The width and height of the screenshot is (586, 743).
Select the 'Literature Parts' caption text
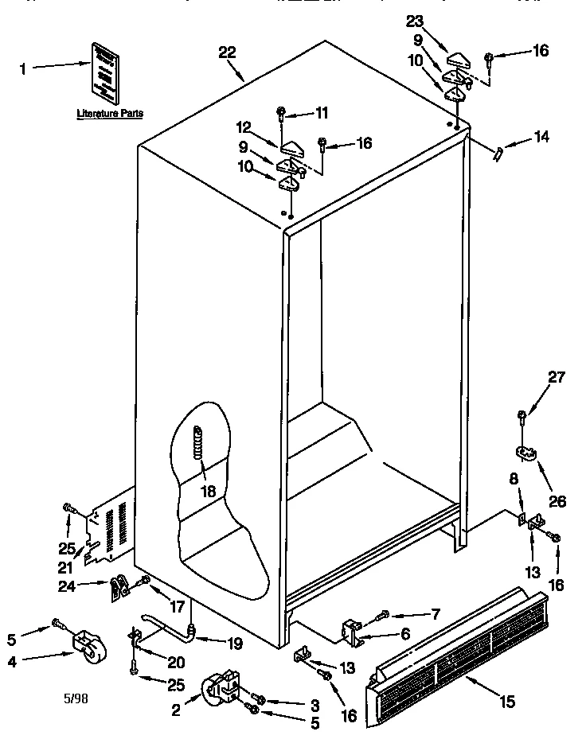point(110,115)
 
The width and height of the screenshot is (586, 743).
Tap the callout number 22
point(228,53)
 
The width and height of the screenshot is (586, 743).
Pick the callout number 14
point(541,136)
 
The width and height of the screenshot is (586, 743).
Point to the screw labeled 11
point(281,111)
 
